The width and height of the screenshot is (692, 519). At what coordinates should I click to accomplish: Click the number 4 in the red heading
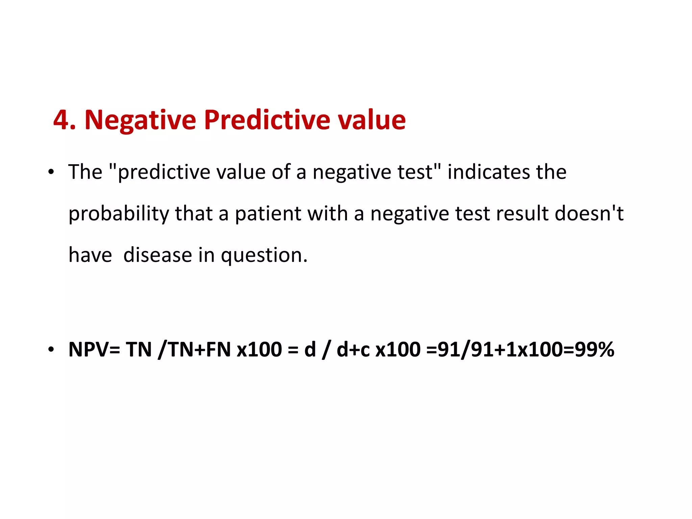(x=61, y=120)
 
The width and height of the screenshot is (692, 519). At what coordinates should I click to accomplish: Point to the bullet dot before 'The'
(x=51, y=172)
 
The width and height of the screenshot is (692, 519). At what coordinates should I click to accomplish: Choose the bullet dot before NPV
(x=51, y=349)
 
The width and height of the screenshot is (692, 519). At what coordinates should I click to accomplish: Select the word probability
(x=119, y=214)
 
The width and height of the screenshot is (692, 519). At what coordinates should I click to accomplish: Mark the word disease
(x=157, y=255)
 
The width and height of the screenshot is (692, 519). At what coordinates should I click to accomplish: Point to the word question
(x=264, y=255)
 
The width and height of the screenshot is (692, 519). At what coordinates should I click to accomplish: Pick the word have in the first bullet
(x=90, y=255)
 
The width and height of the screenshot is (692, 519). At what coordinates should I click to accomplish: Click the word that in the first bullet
(x=194, y=214)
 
